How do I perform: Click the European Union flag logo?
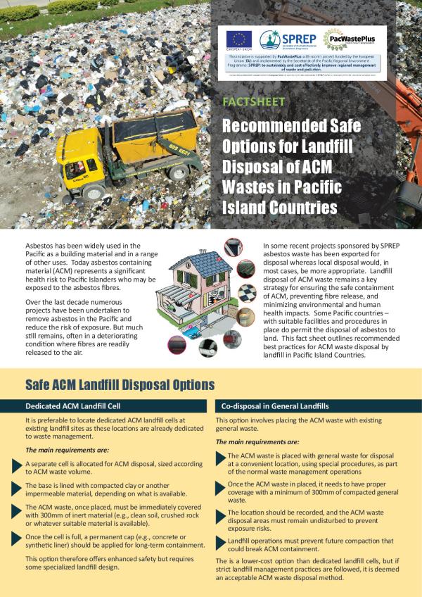(x=238, y=38)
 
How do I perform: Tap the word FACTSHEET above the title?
(x=253, y=101)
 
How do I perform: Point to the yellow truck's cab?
(x=73, y=159)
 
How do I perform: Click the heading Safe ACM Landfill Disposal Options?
(x=120, y=384)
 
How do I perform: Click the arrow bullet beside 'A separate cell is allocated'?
(x=16, y=465)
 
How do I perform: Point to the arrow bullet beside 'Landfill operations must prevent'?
(x=219, y=541)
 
